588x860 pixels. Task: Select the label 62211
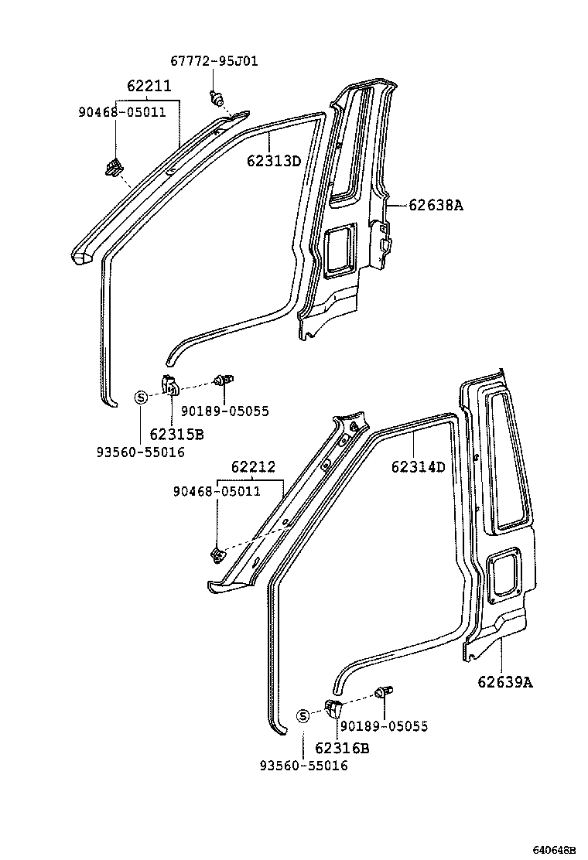(149, 86)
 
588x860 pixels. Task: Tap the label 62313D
(273, 161)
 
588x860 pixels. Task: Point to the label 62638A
(436, 205)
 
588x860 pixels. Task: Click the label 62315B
(176, 435)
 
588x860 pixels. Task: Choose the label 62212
(252, 468)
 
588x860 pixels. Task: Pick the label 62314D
(418, 466)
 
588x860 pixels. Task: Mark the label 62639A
(504, 681)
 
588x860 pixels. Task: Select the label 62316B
(341, 748)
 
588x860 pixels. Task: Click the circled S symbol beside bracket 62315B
(141, 398)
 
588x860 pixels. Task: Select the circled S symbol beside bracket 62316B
(304, 716)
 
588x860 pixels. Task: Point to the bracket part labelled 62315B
(170, 384)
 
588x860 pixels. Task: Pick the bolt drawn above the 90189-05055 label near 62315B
(225, 380)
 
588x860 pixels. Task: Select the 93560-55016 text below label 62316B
(303, 766)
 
